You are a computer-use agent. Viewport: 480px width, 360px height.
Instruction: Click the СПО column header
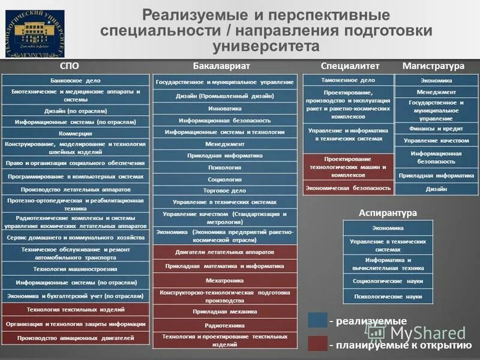click(69, 65)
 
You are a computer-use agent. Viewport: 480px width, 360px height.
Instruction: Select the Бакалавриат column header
click(221, 65)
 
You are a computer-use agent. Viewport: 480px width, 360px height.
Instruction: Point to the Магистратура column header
click(433, 65)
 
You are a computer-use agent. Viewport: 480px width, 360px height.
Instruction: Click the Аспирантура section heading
click(388, 213)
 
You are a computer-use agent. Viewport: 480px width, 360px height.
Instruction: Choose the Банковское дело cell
click(75, 80)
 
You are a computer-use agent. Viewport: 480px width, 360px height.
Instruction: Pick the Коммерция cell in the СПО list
click(75, 133)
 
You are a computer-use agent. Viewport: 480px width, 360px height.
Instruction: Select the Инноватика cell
click(225, 109)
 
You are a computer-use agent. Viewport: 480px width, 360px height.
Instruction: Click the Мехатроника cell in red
click(225, 280)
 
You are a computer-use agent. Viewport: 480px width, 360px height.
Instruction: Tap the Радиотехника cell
click(225, 325)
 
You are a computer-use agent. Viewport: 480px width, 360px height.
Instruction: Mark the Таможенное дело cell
click(348, 80)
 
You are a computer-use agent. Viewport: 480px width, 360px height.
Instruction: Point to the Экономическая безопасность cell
click(348, 188)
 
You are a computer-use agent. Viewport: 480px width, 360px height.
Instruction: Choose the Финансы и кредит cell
click(436, 128)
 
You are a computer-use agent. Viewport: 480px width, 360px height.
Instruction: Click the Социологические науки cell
click(388, 281)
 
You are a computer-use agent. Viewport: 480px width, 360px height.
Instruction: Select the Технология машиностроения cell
click(75, 269)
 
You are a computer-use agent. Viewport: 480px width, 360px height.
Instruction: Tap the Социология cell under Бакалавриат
click(225, 179)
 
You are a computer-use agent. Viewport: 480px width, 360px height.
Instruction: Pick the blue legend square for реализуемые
click(317, 321)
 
